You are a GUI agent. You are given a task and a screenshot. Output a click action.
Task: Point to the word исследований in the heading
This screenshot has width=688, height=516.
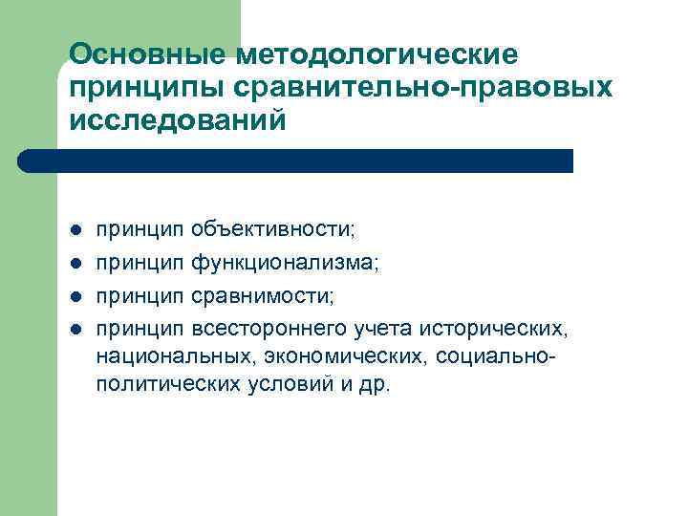(177, 121)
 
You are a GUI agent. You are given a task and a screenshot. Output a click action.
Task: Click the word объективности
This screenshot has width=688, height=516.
(272, 230)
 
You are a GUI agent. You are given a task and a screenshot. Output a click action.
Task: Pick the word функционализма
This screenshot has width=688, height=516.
(284, 263)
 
